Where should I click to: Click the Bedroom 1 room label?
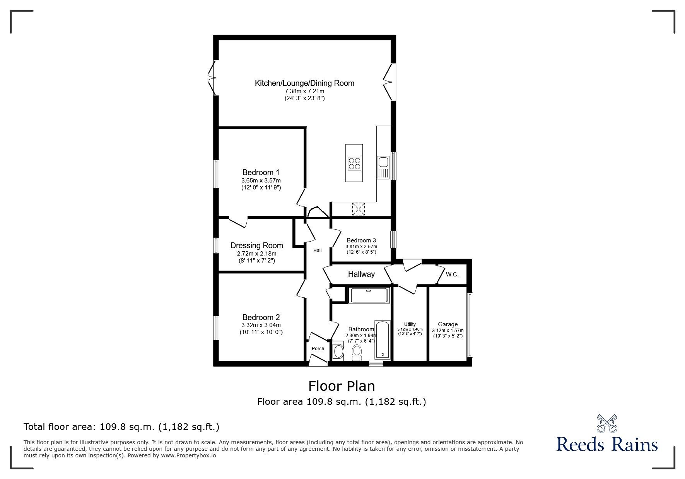pos(261,172)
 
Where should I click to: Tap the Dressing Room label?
pos(257,245)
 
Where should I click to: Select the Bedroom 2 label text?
pos(261,317)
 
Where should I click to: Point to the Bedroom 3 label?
pos(361,240)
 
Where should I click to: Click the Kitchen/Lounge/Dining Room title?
pos(304,83)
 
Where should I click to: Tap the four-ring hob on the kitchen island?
pos(354,163)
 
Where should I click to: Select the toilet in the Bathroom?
pos(357,353)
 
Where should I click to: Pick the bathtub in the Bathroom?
pos(383,339)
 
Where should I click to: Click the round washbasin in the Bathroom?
pos(338,351)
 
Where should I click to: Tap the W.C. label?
pos(452,274)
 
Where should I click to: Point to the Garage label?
pos(448,324)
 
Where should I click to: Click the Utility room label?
pos(410,324)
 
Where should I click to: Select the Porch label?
pos(318,349)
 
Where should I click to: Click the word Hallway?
pos(361,274)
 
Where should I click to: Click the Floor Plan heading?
pos(342,386)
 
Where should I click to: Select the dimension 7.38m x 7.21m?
pos(304,91)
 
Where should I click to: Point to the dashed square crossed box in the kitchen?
pos(359,209)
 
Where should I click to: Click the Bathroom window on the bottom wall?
pos(376,363)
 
